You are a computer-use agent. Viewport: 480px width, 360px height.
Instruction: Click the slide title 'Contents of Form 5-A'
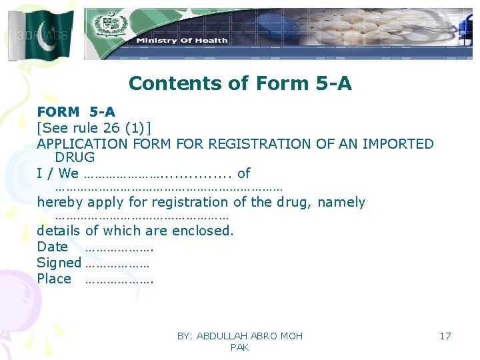[240, 83]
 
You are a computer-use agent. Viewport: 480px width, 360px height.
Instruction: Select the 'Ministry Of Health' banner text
[181, 41]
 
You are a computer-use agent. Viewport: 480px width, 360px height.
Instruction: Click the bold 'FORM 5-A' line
[75, 112]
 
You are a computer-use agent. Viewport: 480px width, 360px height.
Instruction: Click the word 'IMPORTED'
[398, 143]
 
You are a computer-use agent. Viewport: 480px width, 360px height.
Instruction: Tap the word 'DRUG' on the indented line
[75, 158]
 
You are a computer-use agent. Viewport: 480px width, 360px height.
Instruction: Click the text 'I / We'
[57, 173]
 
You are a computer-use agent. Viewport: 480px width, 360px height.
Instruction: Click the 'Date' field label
[52, 247]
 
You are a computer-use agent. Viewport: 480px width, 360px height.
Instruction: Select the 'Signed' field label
[59, 263]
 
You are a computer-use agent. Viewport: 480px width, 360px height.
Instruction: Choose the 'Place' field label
[53, 279]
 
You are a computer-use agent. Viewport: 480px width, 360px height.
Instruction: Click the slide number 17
[445, 336]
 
